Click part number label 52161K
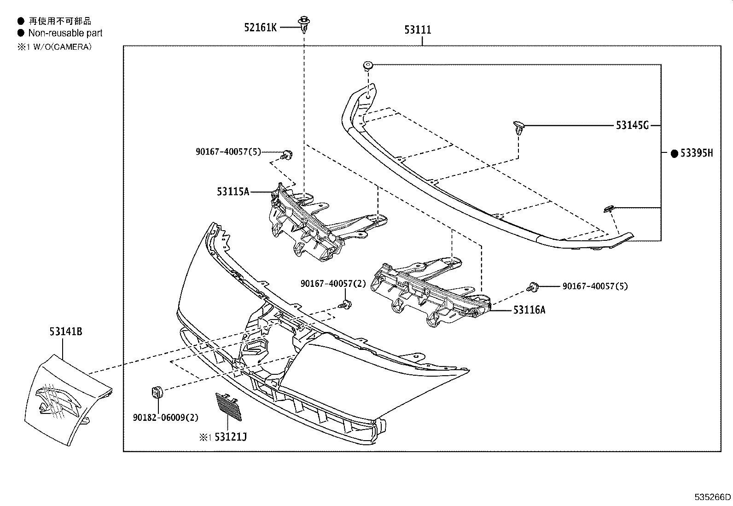click(260, 28)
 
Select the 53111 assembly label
click(418, 30)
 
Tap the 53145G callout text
click(632, 125)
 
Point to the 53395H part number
click(696, 153)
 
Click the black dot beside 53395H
click(674, 154)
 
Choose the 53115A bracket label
click(233, 192)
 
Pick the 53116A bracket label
click(529, 310)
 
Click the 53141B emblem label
click(65, 332)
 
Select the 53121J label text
click(231, 437)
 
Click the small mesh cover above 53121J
click(228, 406)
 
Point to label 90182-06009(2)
click(165, 418)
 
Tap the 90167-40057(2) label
click(333, 284)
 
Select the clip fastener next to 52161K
click(303, 24)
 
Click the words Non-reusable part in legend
click(65, 33)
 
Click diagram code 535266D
click(712, 497)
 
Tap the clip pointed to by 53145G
click(519, 128)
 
